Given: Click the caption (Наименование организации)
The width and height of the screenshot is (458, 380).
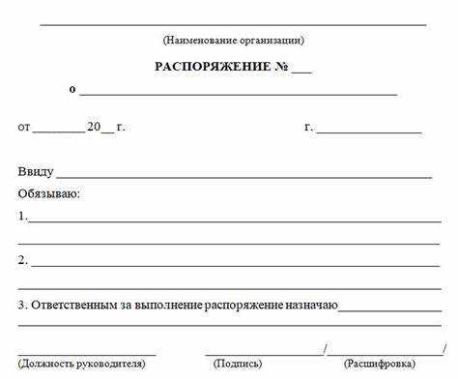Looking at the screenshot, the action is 233,41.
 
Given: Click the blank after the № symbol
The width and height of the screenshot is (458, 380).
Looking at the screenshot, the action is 301,71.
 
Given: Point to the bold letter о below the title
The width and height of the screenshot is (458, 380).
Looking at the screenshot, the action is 72,89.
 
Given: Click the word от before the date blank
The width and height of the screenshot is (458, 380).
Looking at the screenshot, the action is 24,127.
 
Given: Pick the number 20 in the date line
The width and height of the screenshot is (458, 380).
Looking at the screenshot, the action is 94,127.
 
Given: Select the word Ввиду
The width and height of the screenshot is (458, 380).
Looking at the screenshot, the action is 36,172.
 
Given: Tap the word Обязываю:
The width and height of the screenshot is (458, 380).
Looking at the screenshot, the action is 48,194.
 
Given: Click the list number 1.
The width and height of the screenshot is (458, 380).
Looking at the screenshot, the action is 22,217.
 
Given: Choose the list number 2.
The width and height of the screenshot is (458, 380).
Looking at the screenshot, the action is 22,260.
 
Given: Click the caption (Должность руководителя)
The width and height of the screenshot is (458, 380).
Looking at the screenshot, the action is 81,364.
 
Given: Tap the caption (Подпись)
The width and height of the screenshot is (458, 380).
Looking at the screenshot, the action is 237,364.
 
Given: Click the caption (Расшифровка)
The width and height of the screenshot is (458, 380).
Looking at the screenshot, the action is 380,364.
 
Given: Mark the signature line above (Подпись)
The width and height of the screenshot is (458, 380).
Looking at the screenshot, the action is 265,354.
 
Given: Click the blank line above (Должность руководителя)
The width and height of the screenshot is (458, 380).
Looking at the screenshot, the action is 86,354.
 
